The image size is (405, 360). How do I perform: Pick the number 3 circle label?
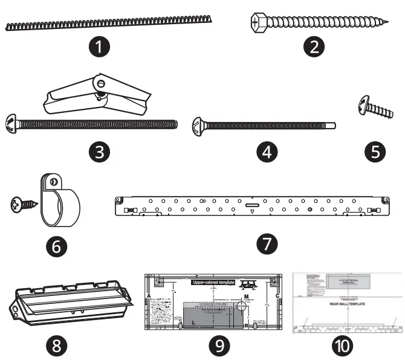(97, 151)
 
